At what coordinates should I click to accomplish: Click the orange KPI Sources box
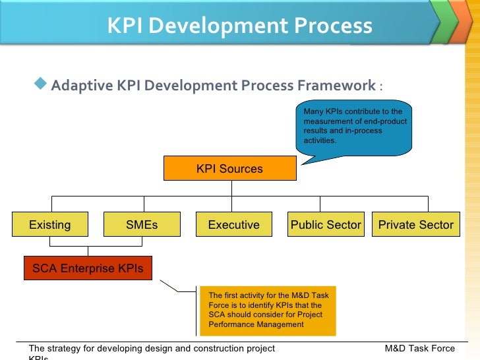(x=229, y=169)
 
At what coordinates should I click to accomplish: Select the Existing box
(x=50, y=225)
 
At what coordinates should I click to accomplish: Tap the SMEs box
(x=142, y=225)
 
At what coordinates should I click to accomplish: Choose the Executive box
(x=234, y=225)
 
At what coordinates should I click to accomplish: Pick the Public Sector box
(x=326, y=225)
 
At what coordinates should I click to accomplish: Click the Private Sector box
(x=415, y=225)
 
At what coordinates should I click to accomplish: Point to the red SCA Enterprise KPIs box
(x=88, y=268)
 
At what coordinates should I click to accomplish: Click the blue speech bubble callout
(x=355, y=126)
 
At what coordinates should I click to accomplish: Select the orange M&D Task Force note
(x=266, y=310)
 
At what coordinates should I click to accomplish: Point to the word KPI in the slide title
(x=126, y=26)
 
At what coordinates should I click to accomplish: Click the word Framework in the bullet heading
(x=336, y=86)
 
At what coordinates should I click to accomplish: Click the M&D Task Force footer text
(x=419, y=348)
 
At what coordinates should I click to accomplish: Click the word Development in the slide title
(x=218, y=26)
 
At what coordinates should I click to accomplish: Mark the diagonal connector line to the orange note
(x=177, y=286)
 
